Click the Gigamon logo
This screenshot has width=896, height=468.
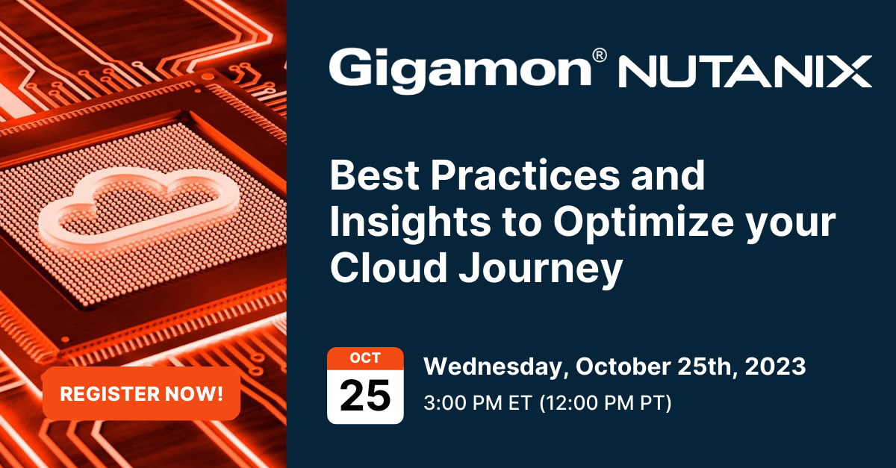(x=468, y=70)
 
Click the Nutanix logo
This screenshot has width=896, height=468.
(x=745, y=72)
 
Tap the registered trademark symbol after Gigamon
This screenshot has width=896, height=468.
(x=599, y=55)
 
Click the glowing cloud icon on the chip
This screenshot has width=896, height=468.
(x=138, y=208)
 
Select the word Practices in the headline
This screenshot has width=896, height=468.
(x=525, y=175)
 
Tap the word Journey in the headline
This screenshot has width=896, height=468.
(x=541, y=269)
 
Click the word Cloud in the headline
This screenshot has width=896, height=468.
(x=388, y=267)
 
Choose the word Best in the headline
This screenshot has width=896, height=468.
(x=374, y=175)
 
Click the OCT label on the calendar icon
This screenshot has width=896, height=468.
(x=365, y=358)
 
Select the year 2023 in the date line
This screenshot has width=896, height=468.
(x=775, y=366)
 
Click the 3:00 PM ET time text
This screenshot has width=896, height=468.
(x=478, y=403)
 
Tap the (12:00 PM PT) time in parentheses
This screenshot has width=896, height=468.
(x=606, y=403)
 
